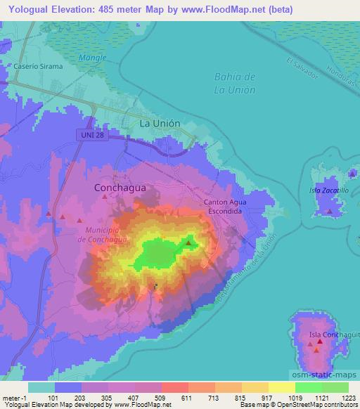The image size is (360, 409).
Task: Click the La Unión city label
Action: [x=160, y=123]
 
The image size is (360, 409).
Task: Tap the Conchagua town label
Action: [x=115, y=188]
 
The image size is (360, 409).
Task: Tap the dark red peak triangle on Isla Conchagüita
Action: [x=319, y=342]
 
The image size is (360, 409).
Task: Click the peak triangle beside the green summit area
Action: [x=188, y=244]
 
